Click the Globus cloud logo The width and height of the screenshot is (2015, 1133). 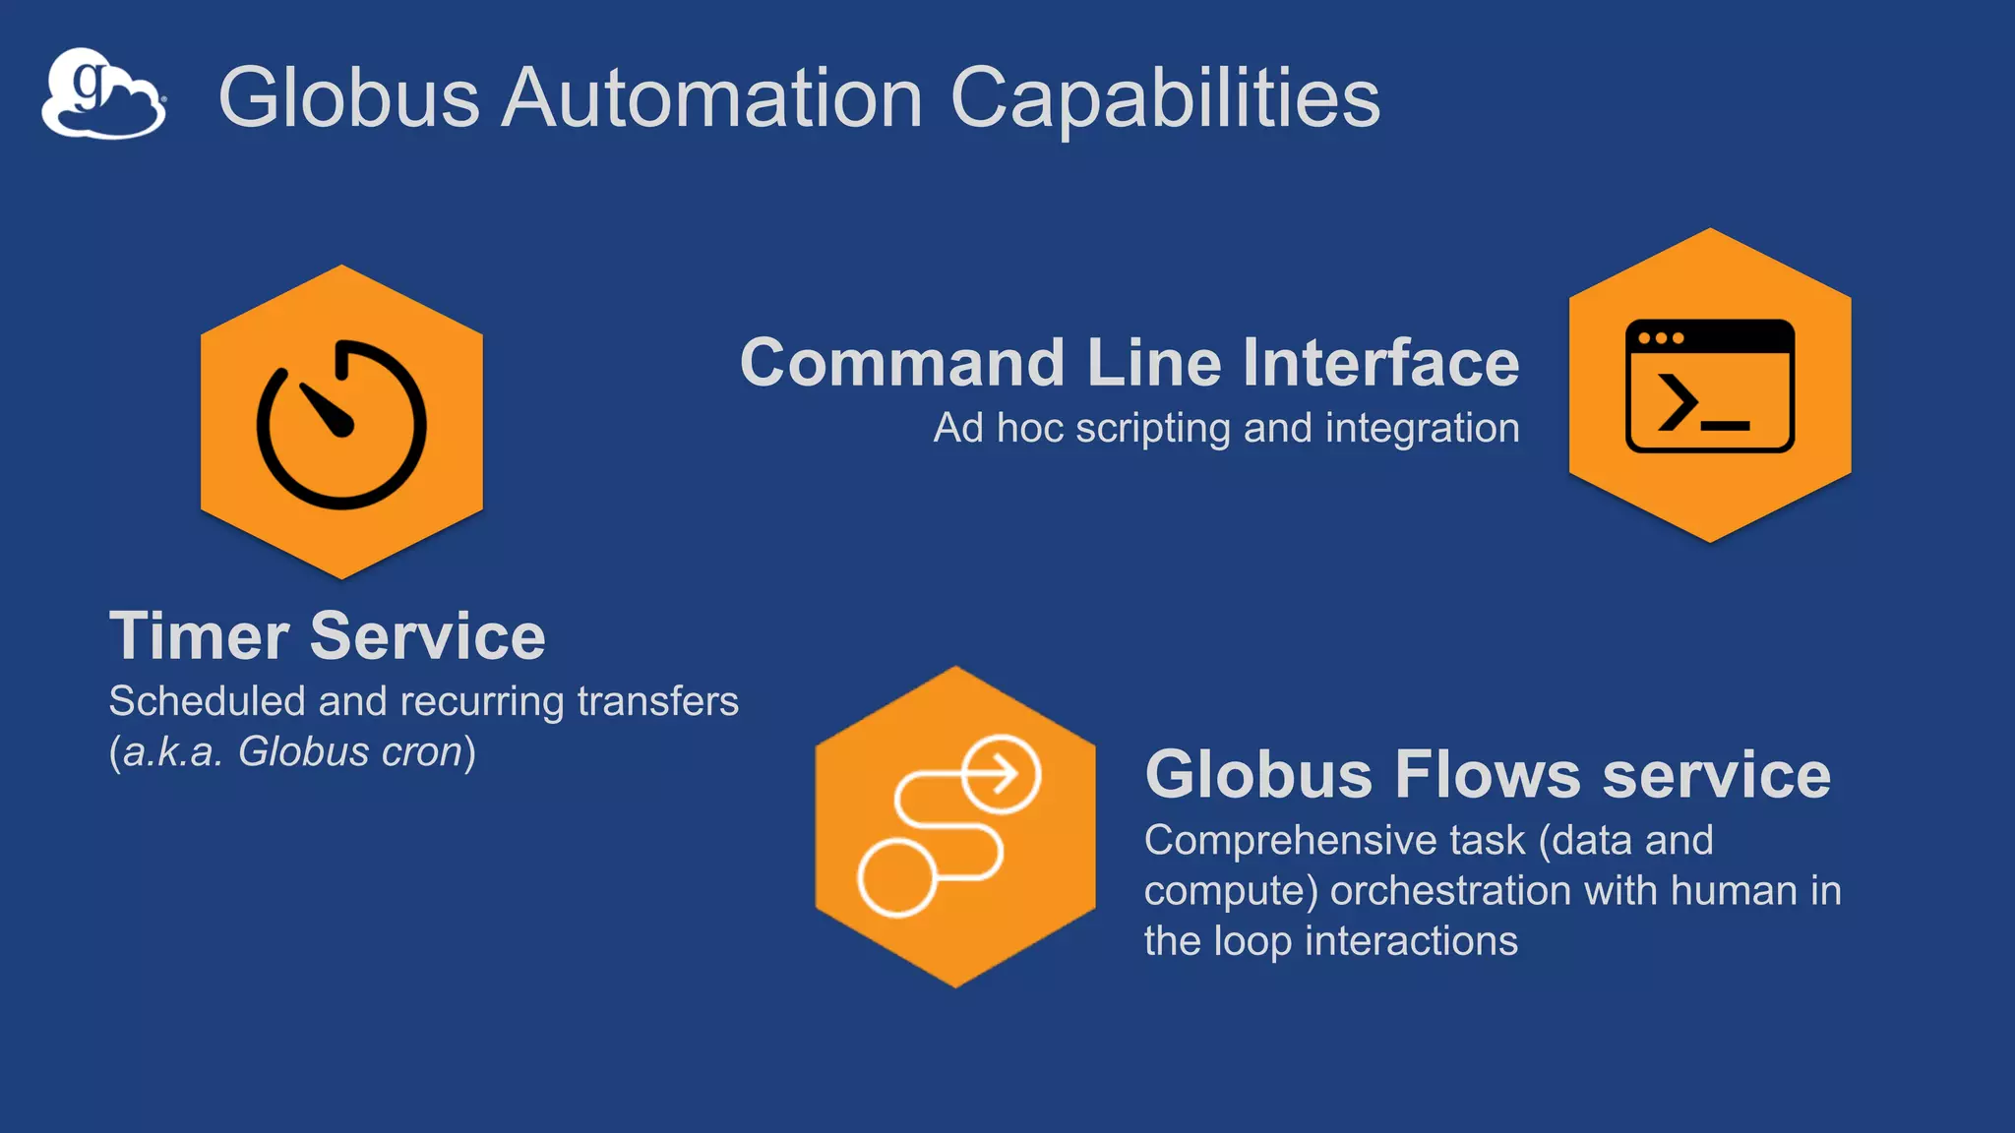103,94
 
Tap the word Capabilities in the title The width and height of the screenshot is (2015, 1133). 1165,97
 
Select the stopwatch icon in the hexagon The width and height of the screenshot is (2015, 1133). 341,424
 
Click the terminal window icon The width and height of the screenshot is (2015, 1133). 1710,386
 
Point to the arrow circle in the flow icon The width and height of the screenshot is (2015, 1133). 1001,774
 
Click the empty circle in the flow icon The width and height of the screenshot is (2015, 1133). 896,878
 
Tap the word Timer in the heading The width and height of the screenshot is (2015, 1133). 199,636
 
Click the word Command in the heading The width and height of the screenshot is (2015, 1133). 902,363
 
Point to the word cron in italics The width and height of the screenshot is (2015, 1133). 422,752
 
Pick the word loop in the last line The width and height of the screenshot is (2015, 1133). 1252,941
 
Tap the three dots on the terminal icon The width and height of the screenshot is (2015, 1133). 1661,338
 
